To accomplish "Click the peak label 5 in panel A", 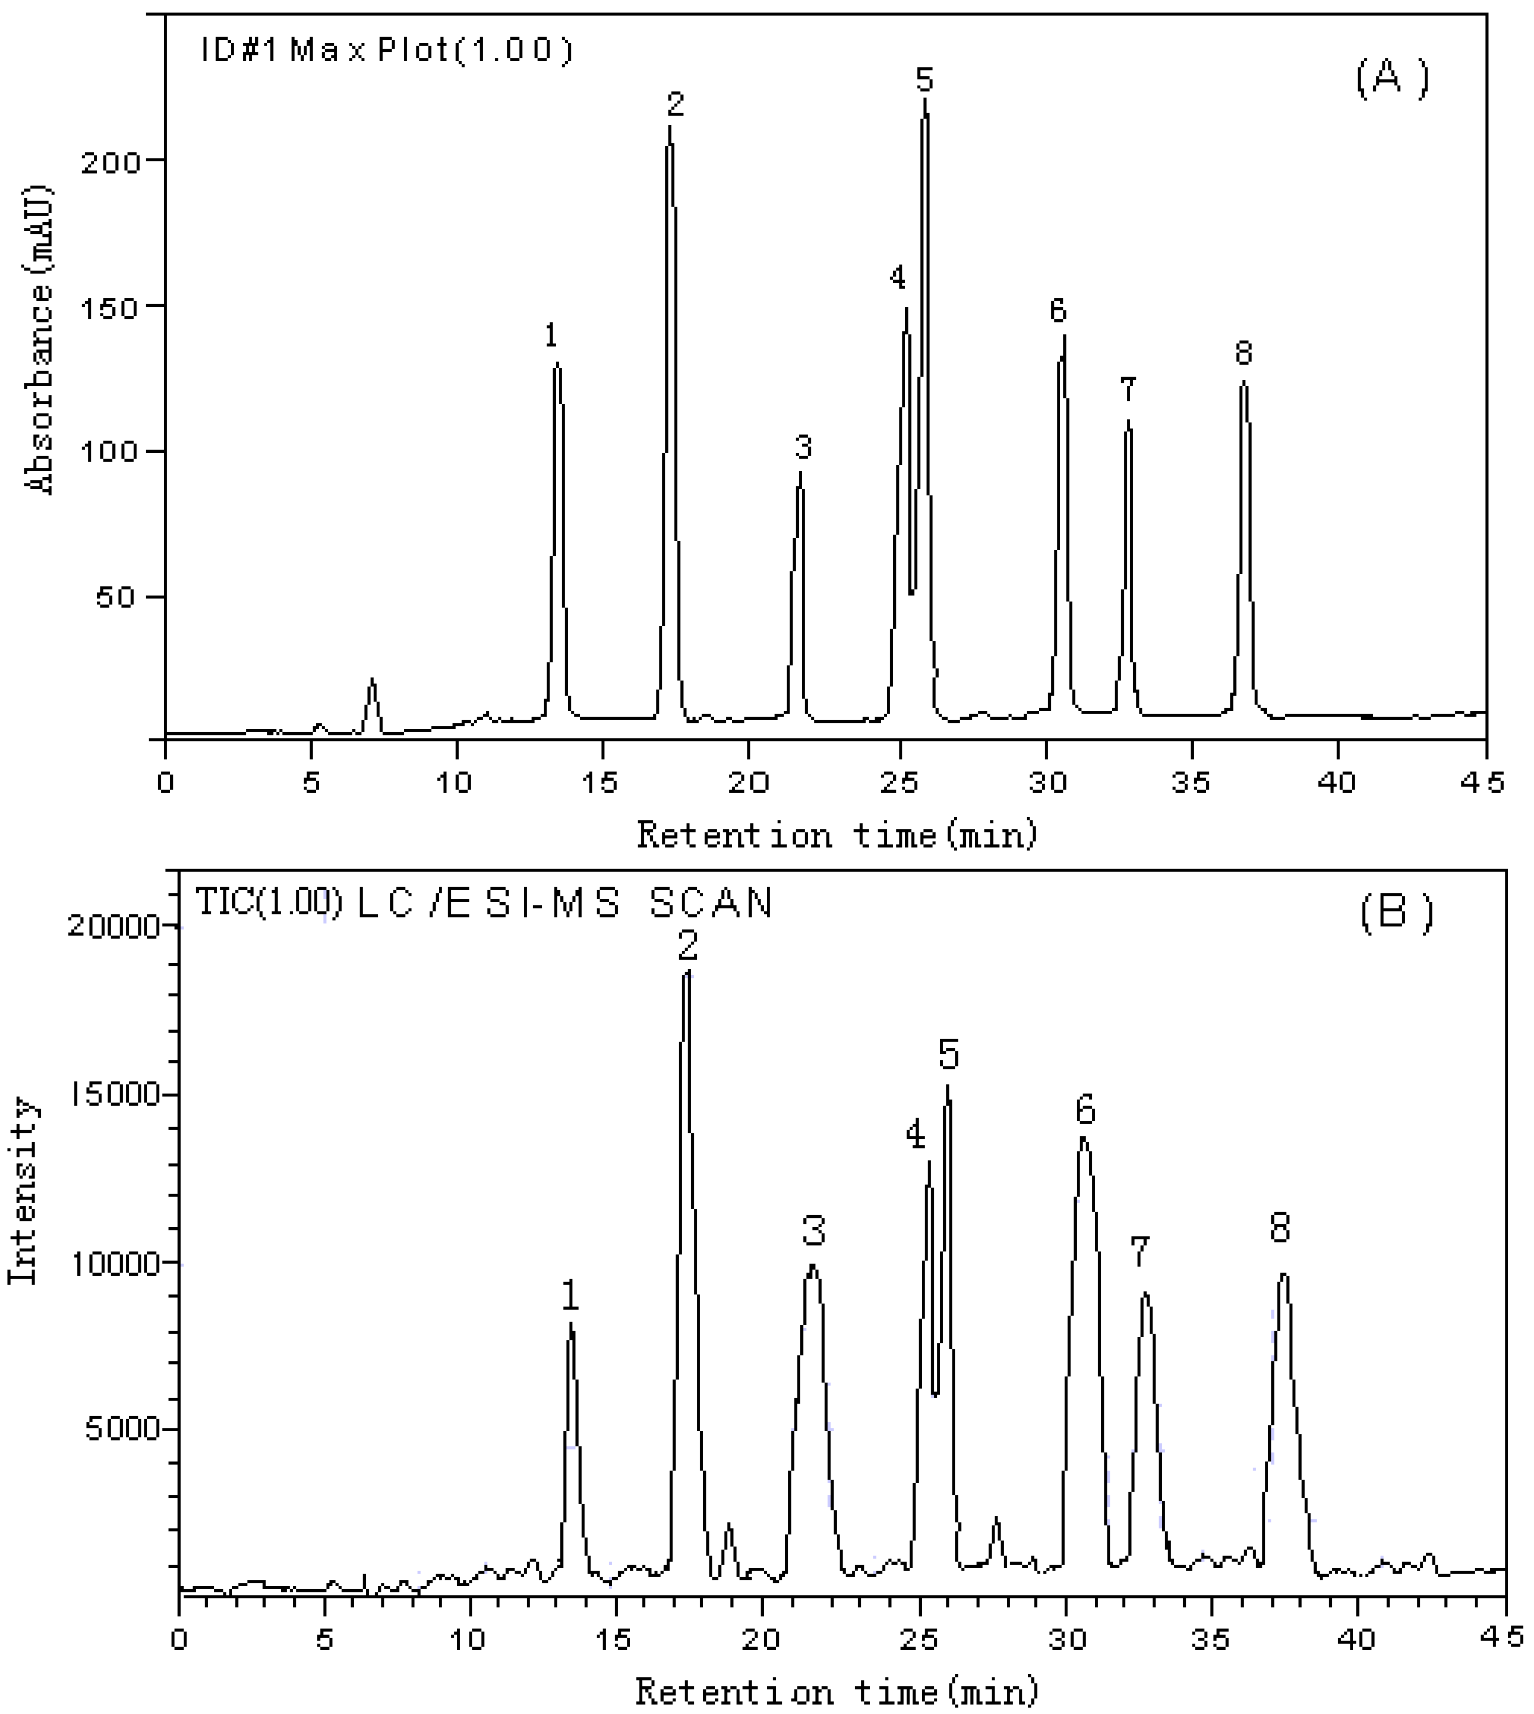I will click(925, 80).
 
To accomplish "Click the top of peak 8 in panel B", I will click(1284, 1274).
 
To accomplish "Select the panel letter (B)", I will click(1396, 912).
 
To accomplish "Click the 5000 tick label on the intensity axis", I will click(123, 1429).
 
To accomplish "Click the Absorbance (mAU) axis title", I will click(40, 341).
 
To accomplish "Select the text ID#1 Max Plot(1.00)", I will click(386, 51).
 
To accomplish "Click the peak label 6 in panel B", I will click(1085, 1112).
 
